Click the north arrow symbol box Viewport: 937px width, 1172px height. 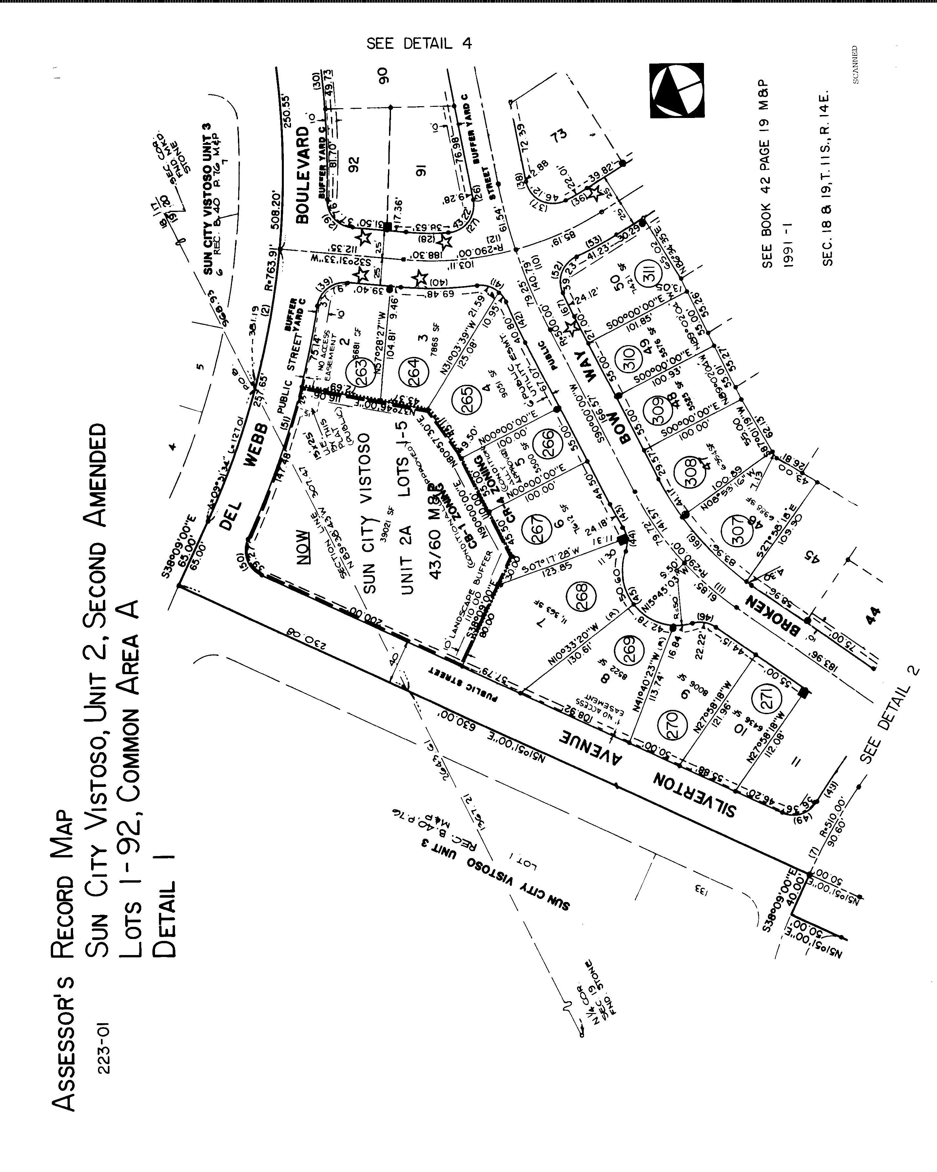[x=677, y=90]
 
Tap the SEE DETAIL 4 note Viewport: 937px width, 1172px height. [x=419, y=44]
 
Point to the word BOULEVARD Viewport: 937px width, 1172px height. [x=303, y=174]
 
